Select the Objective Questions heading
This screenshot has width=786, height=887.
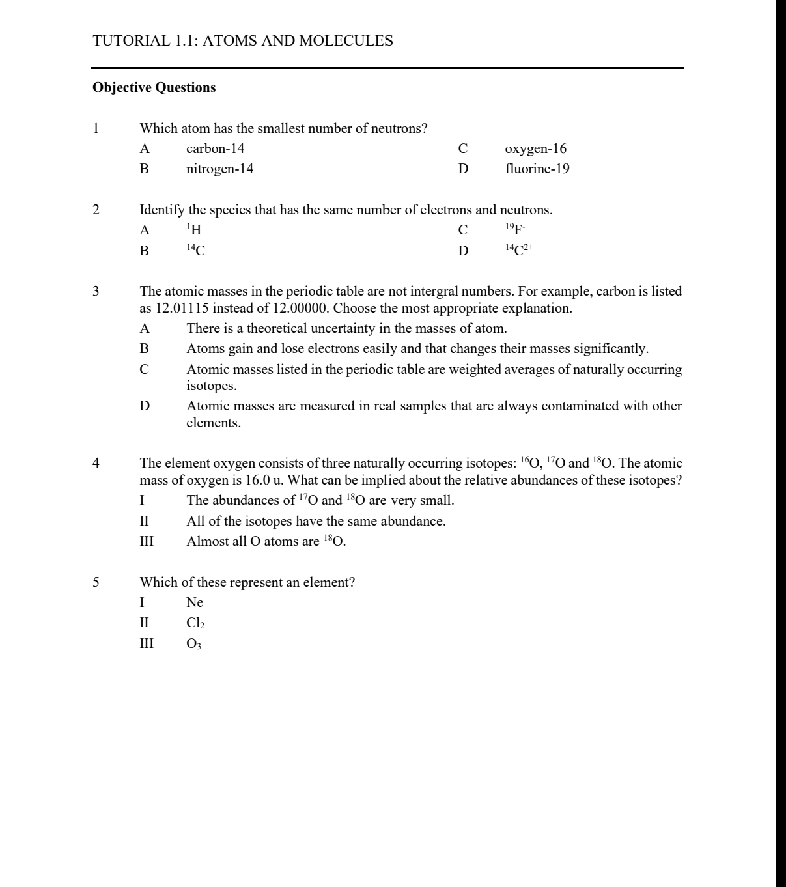(x=154, y=87)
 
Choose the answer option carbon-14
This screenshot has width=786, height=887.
(x=215, y=148)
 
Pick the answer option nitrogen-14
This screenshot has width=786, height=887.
(x=219, y=169)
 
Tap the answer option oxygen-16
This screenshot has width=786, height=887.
(x=535, y=148)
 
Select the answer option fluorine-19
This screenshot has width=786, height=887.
(x=537, y=169)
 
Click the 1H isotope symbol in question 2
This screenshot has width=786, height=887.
(x=194, y=230)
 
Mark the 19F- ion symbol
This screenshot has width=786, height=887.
(x=515, y=229)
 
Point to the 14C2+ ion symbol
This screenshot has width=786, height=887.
(x=519, y=250)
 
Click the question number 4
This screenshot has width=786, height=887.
(x=96, y=463)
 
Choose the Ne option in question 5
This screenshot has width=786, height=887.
(x=195, y=602)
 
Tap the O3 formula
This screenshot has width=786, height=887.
(x=194, y=644)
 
